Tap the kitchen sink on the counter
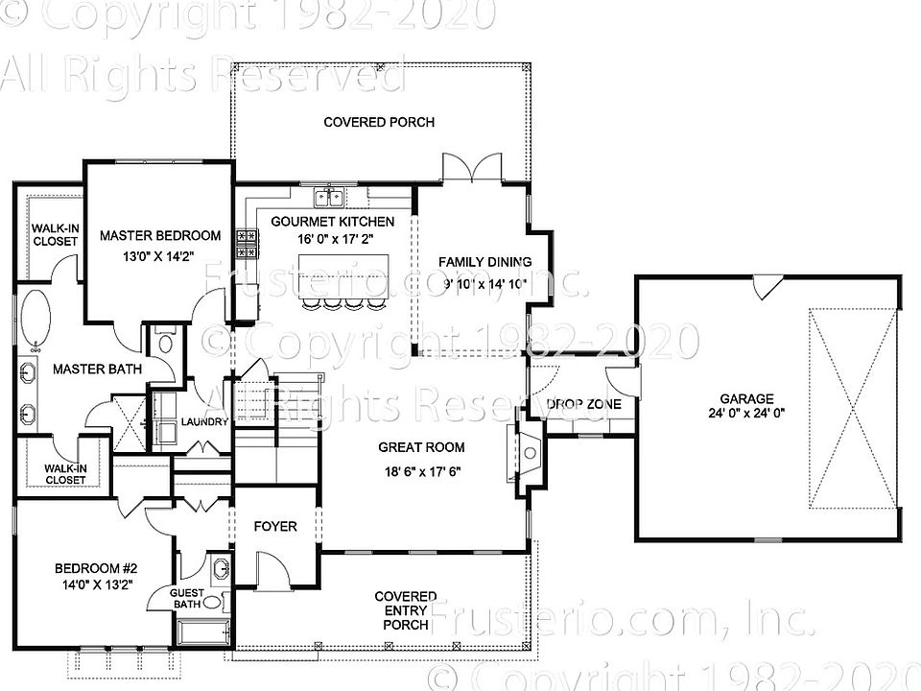click(x=331, y=197)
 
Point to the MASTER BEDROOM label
click(x=159, y=235)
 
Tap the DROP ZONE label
click(x=584, y=404)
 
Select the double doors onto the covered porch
click(x=471, y=167)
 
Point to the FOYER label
click(x=274, y=526)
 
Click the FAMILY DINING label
click(x=484, y=262)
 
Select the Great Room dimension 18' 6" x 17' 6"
click(x=421, y=470)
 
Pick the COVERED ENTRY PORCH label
click(x=406, y=610)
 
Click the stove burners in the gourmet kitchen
click(x=245, y=243)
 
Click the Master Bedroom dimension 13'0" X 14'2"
click(x=159, y=256)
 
